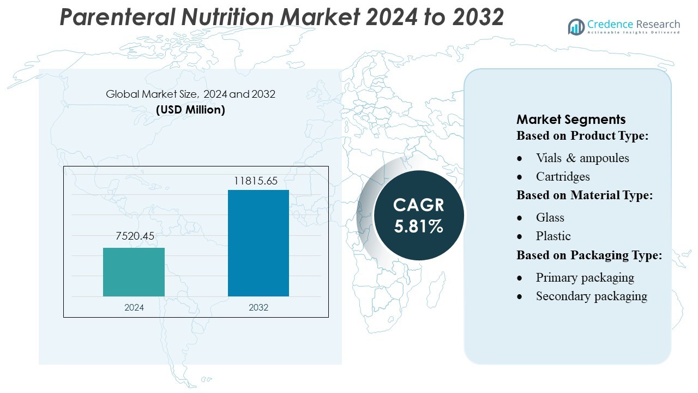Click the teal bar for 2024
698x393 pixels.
[134, 272]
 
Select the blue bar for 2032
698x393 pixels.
[258, 243]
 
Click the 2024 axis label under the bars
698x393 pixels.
[134, 307]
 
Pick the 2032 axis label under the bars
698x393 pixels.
[258, 307]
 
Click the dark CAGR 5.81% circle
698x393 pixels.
[419, 215]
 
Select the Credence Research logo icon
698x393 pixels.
[576, 27]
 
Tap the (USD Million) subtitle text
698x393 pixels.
[190, 109]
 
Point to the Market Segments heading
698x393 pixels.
[571, 120]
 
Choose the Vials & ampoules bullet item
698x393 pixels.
[582, 158]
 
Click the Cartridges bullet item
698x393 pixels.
[562, 176]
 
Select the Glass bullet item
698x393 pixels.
[550, 217]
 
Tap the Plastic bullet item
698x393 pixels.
[553, 236]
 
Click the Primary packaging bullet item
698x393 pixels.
[585, 277]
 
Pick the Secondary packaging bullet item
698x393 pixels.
[591, 296]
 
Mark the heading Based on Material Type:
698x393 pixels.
[585, 195]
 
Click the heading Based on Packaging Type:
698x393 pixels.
[589, 255]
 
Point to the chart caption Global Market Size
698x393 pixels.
[190, 94]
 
